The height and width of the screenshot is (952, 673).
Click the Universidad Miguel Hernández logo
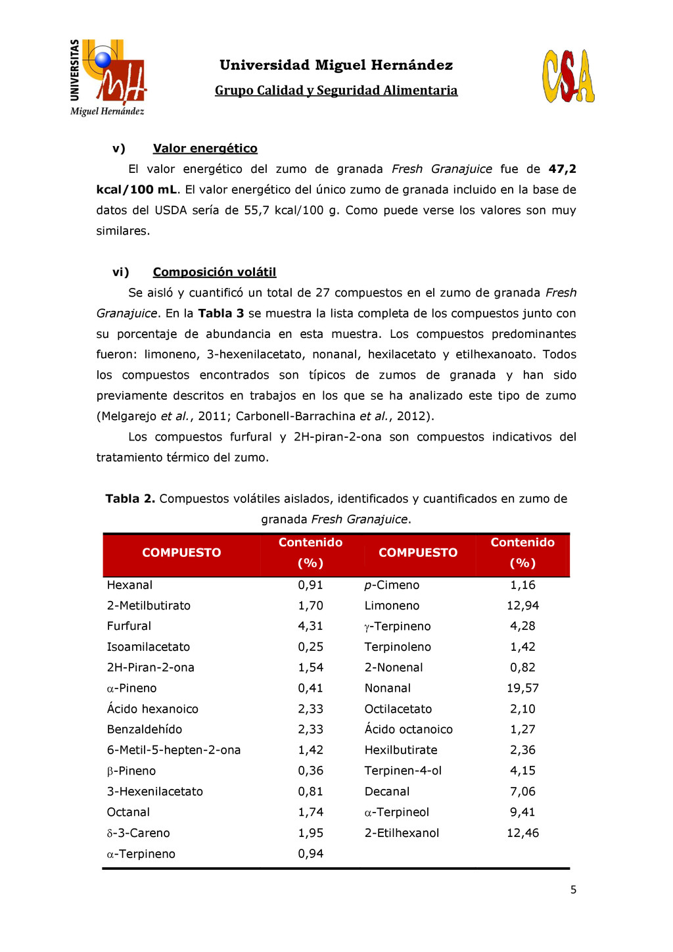(x=108, y=78)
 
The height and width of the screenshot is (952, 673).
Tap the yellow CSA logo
(x=569, y=76)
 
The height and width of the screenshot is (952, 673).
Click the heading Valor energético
(x=205, y=149)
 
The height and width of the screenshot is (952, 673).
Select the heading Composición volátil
(x=214, y=272)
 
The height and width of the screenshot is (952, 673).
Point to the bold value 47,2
(x=563, y=169)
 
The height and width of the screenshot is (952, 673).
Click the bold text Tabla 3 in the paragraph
(x=221, y=314)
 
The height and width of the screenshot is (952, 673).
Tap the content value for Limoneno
(x=522, y=606)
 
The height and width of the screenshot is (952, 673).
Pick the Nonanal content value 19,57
(x=522, y=688)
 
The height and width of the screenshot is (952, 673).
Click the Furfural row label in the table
(x=129, y=626)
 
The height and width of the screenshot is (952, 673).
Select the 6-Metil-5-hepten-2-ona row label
(x=174, y=750)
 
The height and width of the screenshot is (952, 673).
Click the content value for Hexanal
(x=310, y=585)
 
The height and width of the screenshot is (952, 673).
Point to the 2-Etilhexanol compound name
(x=402, y=833)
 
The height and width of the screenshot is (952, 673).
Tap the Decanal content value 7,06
(x=522, y=792)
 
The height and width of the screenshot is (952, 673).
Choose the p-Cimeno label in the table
(x=392, y=585)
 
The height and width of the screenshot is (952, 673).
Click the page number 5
(x=573, y=890)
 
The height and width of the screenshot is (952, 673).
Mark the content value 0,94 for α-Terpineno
(x=310, y=854)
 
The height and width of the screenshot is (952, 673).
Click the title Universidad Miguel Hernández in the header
(x=336, y=65)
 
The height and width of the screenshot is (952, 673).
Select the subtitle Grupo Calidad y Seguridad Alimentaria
(x=336, y=91)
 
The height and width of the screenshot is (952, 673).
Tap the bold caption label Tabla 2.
(x=130, y=499)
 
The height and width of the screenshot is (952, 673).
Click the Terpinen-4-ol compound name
(x=403, y=771)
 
